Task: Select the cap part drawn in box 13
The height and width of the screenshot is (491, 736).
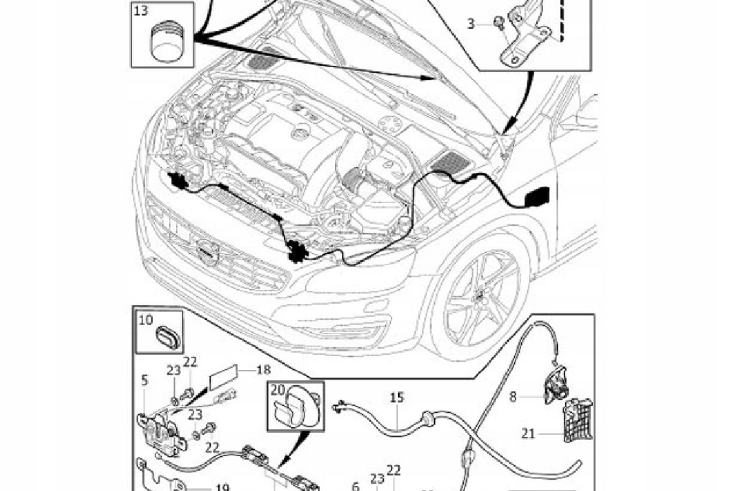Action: click(x=170, y=42)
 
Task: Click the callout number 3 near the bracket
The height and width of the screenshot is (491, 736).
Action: click(x=471, y=24)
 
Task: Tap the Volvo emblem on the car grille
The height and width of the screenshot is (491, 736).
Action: click(x=206, y=249)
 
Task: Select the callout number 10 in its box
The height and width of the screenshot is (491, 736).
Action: click(x=146, y=320)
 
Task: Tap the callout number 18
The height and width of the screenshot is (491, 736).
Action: click(x=263, y=370)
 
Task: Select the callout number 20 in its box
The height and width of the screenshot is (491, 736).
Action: click(x=278, y=390)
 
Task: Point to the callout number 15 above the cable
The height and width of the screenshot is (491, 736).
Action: click(x=397, y=397)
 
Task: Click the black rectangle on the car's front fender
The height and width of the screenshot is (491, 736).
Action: click(x=538, y=196)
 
